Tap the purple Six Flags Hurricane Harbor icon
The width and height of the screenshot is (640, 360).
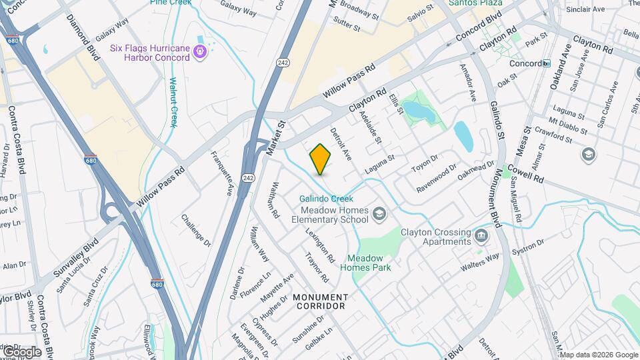[x=199, y=51]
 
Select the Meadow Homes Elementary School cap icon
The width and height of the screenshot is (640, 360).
[x=379, y=213]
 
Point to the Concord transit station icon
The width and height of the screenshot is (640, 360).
[x=547, y=63]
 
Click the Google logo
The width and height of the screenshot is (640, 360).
[x=21, y=351]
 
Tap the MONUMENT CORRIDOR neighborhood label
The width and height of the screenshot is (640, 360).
[x=320, y=301]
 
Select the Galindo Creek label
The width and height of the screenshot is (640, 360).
[x=325, y=199]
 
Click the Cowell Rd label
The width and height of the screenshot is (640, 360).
[x=529, y=174]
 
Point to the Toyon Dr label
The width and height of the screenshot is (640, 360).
[x=424, y=163]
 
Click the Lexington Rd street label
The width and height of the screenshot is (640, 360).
[x=320, y=245]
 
